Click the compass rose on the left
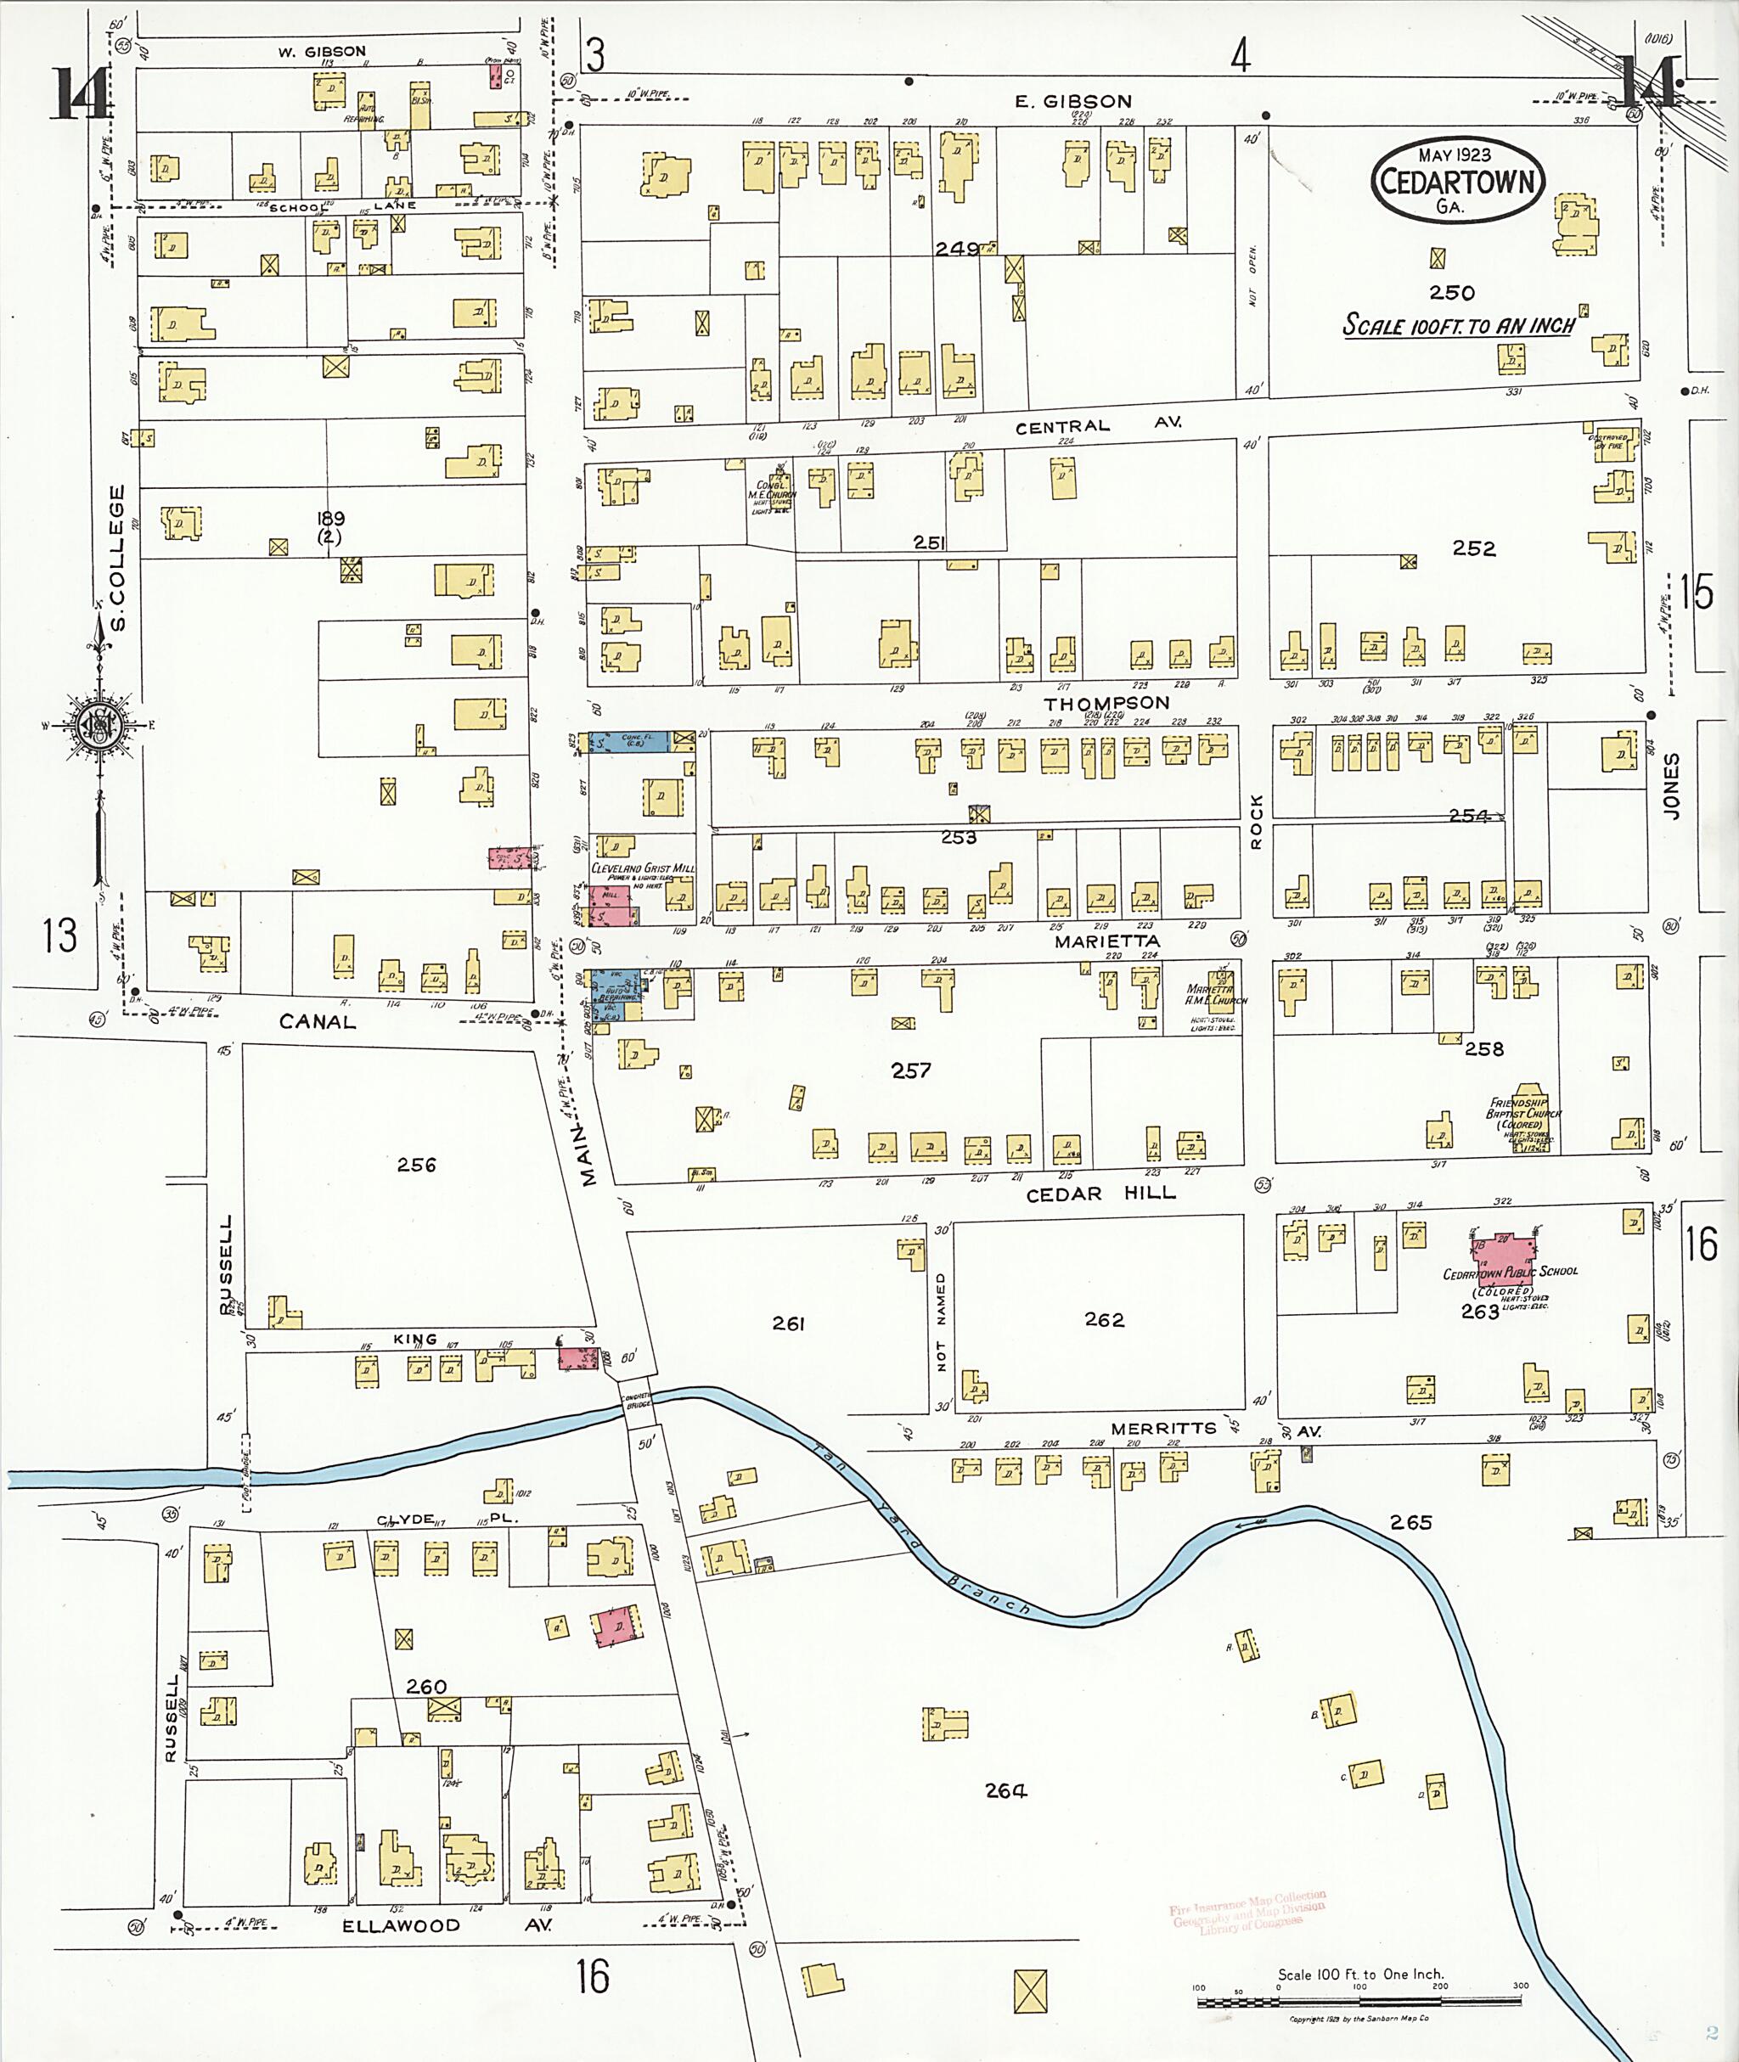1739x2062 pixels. coord(98,727)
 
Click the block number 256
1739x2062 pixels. coord(416,1165)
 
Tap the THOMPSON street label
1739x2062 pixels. coord(1106,703)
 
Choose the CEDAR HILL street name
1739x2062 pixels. coord(1100,1194)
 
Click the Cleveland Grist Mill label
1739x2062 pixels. coord(642,869)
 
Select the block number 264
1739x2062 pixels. coord(1005,1791)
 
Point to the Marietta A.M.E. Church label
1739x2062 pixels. coord(1214,995)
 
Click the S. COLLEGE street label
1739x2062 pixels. coord(118,558)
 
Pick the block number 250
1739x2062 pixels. coord(1451,293)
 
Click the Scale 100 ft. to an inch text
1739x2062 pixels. coord(1458,325)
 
